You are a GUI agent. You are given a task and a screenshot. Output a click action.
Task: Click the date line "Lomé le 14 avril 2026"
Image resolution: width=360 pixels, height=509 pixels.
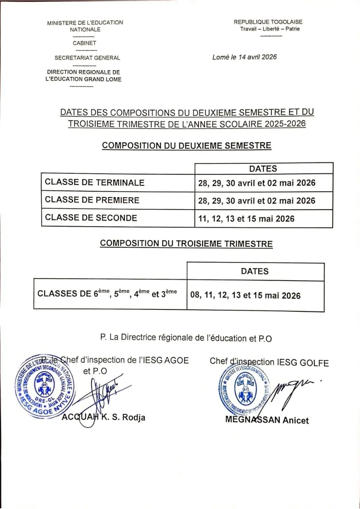click(244, 57)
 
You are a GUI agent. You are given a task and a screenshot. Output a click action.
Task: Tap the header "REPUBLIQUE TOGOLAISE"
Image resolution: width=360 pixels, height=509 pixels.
click(268, 22)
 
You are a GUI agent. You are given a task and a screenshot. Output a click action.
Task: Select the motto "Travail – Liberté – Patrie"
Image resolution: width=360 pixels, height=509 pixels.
click(270, 29)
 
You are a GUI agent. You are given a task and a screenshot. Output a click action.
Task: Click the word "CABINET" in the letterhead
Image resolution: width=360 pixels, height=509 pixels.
click(84, 43)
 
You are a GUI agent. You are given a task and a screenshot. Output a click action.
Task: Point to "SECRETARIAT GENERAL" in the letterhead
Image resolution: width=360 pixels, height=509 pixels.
click(87, 58)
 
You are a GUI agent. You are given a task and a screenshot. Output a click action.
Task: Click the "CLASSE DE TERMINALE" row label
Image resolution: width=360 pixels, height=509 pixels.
click(95, 183)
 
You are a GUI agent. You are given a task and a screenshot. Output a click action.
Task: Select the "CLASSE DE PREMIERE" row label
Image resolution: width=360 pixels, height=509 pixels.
click(92, 200)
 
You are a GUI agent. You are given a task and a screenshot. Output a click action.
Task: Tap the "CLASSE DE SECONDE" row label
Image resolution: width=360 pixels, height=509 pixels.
click(91, 218)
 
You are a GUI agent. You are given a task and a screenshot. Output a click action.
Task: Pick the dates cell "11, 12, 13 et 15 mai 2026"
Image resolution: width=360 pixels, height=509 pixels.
click(246, 218)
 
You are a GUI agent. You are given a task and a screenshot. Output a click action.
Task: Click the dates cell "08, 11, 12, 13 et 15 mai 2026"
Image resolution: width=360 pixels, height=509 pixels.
click(246, 295)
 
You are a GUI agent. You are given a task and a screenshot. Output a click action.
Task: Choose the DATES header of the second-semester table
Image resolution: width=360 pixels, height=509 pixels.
click(263, 169)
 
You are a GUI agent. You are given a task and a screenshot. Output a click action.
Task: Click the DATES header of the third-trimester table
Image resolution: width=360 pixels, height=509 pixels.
click(255, 271)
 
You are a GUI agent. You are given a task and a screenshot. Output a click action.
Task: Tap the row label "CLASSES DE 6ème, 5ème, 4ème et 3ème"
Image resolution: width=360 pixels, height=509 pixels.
click(107, 294)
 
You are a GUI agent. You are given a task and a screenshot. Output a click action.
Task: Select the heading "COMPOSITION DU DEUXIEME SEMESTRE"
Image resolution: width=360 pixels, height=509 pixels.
click(186, 146)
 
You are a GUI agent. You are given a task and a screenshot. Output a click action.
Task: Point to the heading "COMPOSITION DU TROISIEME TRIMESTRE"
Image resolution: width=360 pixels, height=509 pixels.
click(186, 243)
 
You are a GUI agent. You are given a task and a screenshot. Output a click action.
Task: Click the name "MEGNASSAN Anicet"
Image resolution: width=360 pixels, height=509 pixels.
click(267, 420)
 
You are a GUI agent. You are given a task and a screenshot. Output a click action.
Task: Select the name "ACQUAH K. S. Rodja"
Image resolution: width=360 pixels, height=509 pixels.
click(104, 417)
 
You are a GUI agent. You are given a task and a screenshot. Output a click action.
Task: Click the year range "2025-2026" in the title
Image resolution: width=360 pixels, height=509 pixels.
click(284, 124)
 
